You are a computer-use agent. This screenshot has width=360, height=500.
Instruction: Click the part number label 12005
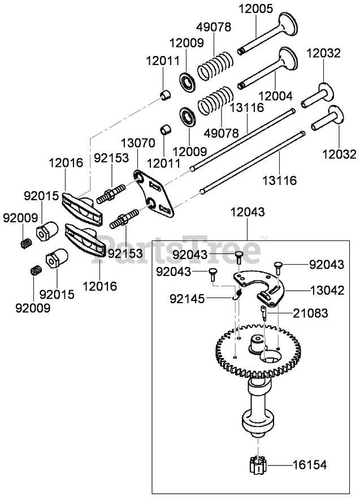256,9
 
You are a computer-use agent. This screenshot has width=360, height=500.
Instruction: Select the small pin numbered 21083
264,312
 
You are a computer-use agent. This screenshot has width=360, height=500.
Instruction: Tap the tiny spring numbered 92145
239,294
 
